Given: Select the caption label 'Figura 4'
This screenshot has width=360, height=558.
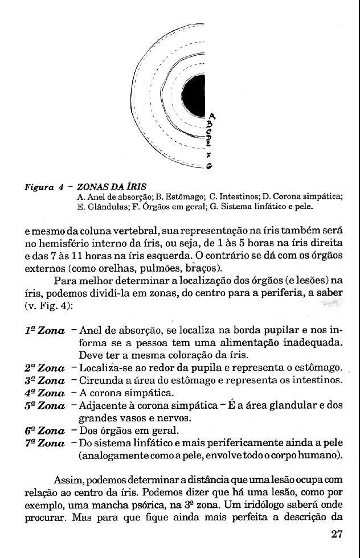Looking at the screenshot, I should pyautogui.click(x=43, y=187).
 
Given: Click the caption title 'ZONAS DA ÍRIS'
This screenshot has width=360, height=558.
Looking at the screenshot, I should pyautogui.click(x=112, y=187).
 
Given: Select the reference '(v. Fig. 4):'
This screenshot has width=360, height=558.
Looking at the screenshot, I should pyautogui.click(x=48, y=305).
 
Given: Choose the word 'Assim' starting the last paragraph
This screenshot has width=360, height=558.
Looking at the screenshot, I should pyautogui.click(x=68, y=480).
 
